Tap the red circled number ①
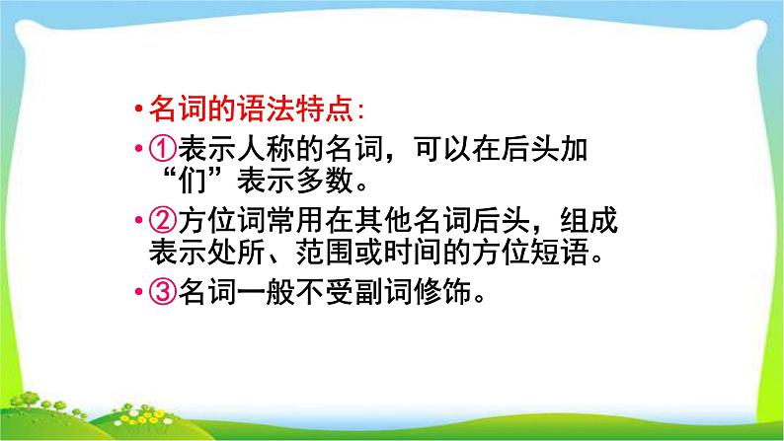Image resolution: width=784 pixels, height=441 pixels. [x=161, y=150]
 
